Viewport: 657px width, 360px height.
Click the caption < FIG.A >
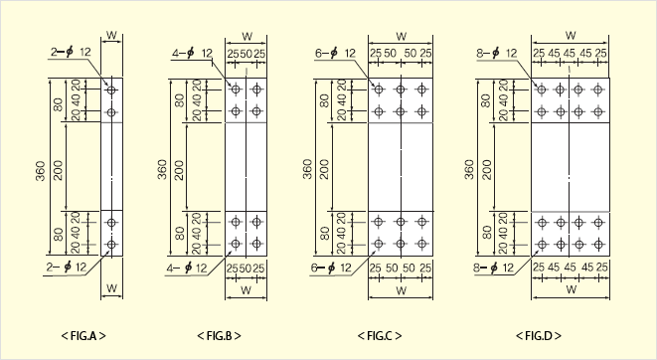click(x=83, y=336)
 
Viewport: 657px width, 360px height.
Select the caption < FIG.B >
click(x=219, y=336)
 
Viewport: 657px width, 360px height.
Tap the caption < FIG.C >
click(x=380, y=336)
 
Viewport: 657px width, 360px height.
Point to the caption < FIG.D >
click(x=539, y=336)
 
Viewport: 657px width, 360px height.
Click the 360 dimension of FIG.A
click(x=41, y=171)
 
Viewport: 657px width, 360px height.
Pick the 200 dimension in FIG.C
click(x=325, y=169)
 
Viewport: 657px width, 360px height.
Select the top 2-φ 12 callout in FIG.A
click(x=71, y=52)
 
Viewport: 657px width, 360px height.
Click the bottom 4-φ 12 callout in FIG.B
click(x=187, y=269)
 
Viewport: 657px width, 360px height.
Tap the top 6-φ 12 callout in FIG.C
click(x=335, y=54)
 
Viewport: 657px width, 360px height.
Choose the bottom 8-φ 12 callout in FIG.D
click(x=494, y=268)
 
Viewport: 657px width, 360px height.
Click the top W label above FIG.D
click(x=571, y=35)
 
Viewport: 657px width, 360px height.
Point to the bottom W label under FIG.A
click(x=111, y=288)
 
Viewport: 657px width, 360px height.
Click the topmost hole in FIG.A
click(x=111, y=90)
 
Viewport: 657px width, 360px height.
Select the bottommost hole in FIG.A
click(x=111, y=244)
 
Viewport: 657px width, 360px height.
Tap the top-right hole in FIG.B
click(x=256, y=90)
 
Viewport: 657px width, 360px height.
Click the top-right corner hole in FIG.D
click(x=597, y=90)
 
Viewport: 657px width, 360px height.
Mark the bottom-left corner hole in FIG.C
click(x=379, y=244)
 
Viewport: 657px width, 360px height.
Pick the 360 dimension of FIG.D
click(x=469, y=169)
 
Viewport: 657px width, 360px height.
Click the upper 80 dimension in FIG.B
click(x=179, y=100)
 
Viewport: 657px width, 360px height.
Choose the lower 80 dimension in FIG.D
click(x=486, y=233)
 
